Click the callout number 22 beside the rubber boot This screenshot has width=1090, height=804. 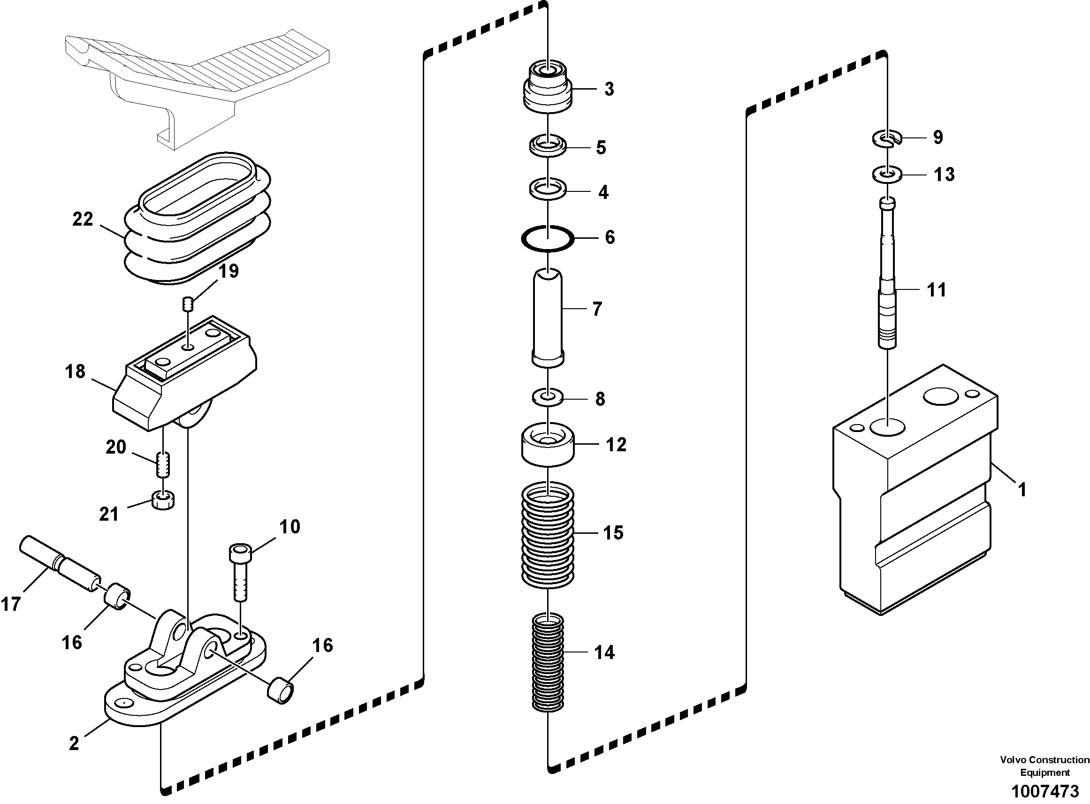[82, 219]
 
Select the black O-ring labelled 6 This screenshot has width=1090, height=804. [548, 238]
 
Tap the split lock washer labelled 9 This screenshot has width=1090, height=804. [887, 139]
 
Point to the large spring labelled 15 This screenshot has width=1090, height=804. [548, 533]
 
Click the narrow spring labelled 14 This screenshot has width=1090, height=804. [548, 662]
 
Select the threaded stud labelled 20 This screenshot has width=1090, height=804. [164, 464]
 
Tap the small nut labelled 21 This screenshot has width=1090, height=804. [164, 501]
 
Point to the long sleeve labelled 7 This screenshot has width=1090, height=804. [548, 316]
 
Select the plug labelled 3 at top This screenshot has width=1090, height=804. [548, 88]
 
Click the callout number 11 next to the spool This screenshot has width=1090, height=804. [936, 290]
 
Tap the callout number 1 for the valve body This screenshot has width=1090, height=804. [1022, 490]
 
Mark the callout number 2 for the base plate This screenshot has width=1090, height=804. [74, 743]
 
